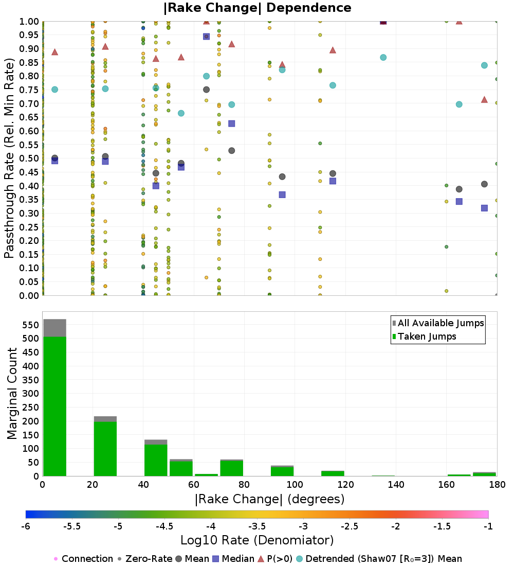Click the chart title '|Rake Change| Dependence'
pyautogui.click(x=257, y=8)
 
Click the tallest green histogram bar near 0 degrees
pyautogui.click(x=54, y=406)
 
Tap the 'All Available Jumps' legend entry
pyautogui.click(x=441, y=323)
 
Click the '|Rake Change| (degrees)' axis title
pyautogui.click(x=269, y=499)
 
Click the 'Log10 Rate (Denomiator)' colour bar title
pyautogui.click(x=257, y=540)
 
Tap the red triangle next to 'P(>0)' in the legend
pyautogui.click(x=261, y=559)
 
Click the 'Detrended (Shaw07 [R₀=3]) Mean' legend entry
pyautogui.click(x=383, y=559)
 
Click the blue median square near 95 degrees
pyautogui.click(x=282, y=194)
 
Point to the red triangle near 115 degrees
pyautogui.click(x=333, y=50)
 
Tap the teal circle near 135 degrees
pyautogui.click(x=383, y=57)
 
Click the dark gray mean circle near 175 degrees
pyautogui.click(x=484, y=184)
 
